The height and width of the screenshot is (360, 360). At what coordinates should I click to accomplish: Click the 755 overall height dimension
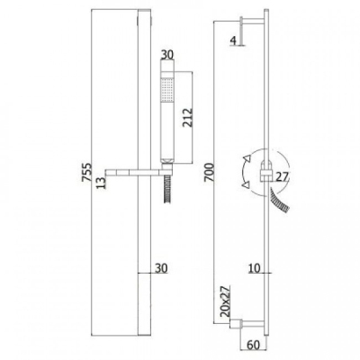click(86, 172)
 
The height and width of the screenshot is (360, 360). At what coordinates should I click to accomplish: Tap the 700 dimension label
click(209, 172)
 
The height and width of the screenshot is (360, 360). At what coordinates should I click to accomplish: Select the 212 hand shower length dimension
click(188, 117)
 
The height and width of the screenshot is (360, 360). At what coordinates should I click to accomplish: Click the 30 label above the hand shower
click(167, 55)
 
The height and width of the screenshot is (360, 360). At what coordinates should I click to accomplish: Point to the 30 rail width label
click(161, 268)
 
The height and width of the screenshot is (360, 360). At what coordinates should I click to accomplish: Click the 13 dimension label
click(102, 183)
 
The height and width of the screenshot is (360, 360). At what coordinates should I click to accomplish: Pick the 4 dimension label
click(234, 40)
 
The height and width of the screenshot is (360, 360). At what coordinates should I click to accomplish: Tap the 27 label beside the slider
click(282, 177)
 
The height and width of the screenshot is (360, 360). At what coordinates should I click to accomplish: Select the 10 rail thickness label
click(255, 268)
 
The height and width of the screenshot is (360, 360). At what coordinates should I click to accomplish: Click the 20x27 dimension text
click(225, 301)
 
